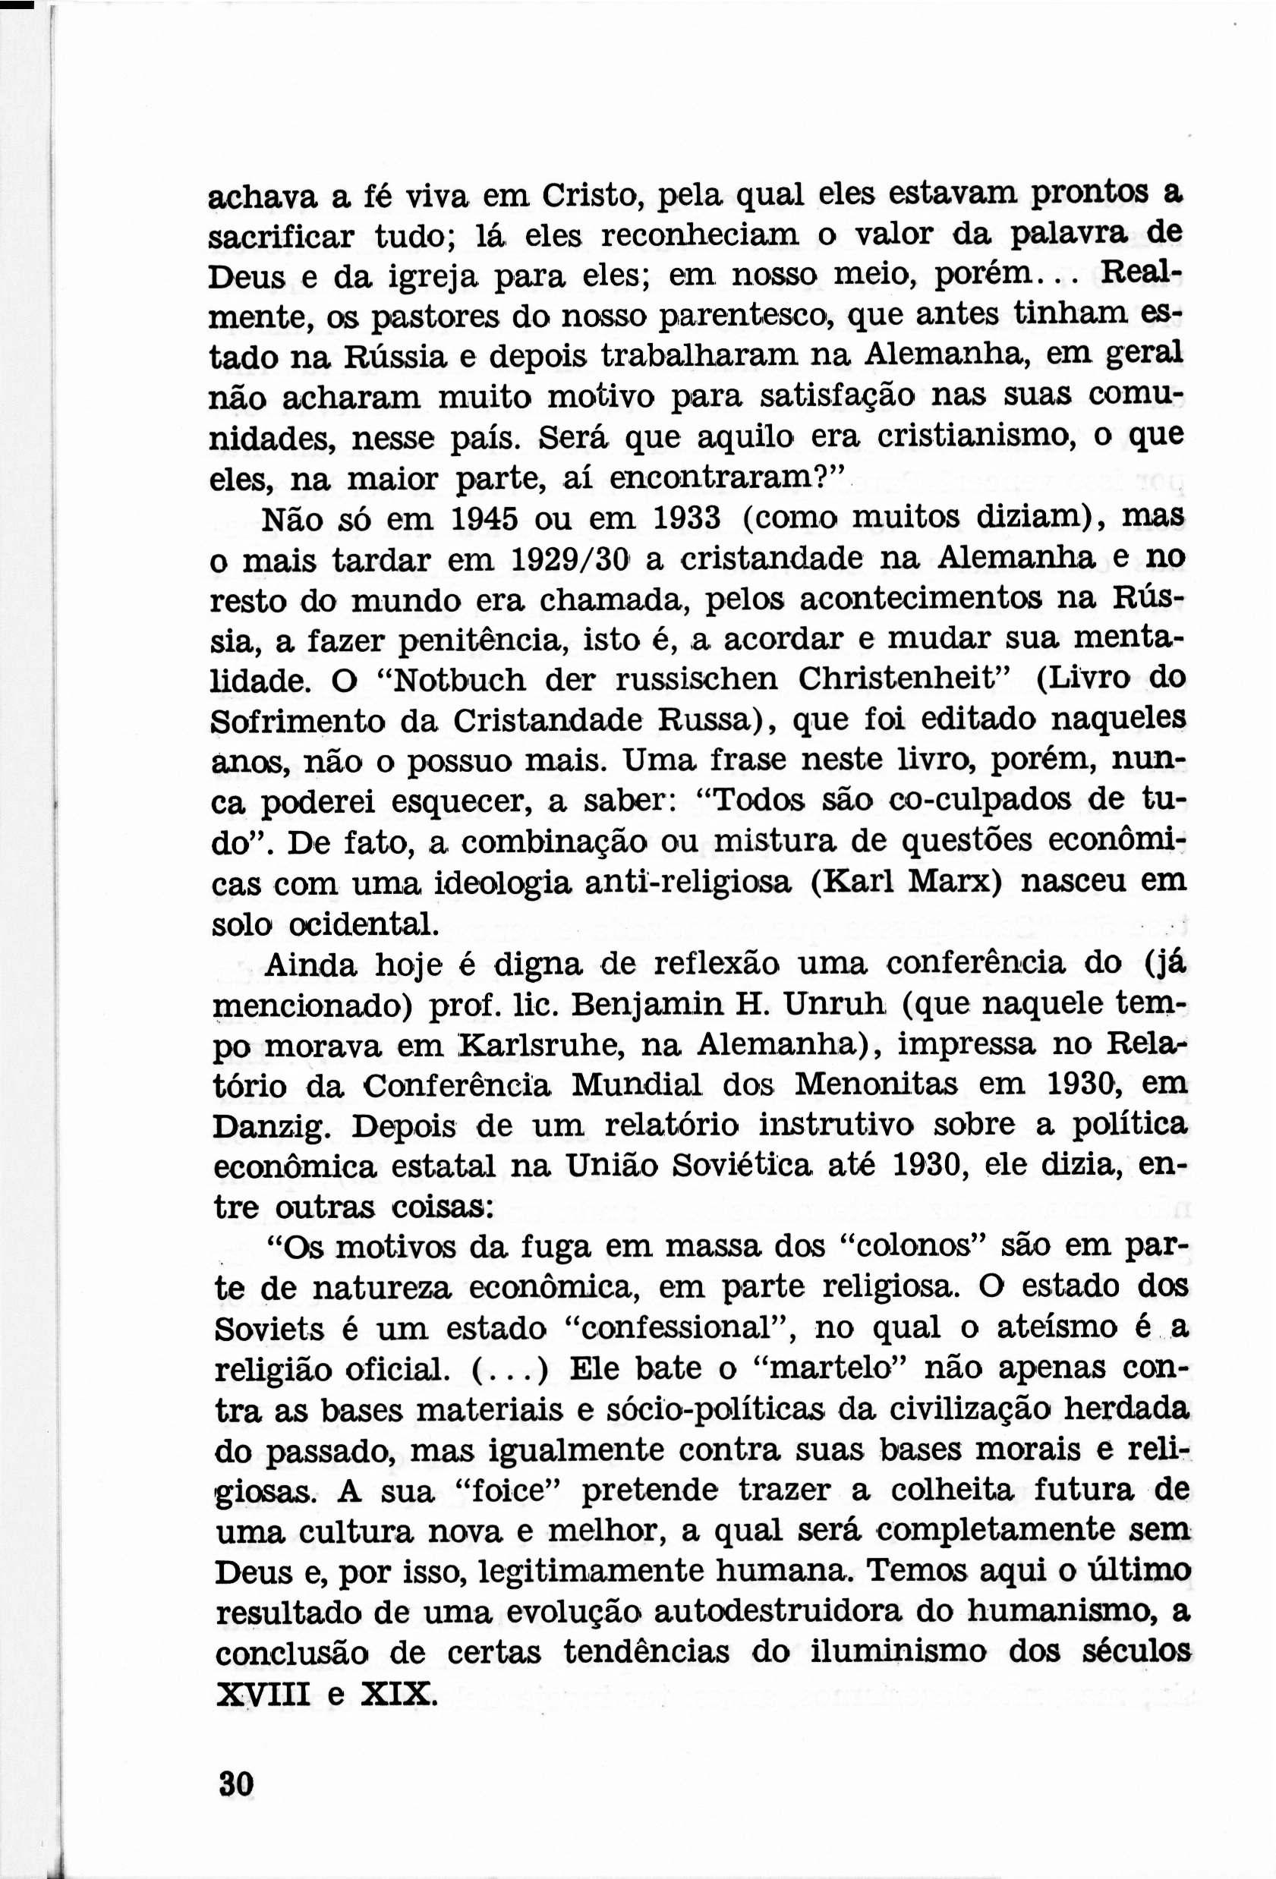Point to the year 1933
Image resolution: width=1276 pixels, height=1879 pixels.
pyautogui.click(x=686, y=518)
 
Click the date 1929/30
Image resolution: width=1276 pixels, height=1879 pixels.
pyautogui.click(x=572, y=559)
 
